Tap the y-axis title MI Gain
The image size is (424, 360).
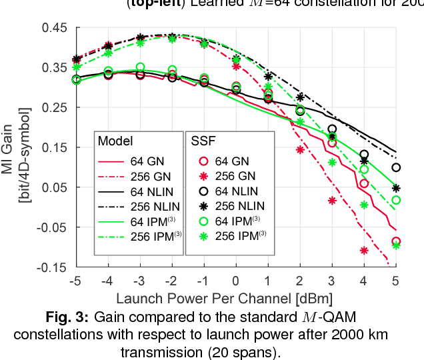[x=15, y=147]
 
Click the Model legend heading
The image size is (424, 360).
[x=115, y=141]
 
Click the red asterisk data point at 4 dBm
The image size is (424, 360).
[x=364, y=251]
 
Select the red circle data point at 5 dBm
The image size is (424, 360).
[x=396, y=242]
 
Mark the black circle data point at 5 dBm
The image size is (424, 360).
[x=396, y=167]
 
